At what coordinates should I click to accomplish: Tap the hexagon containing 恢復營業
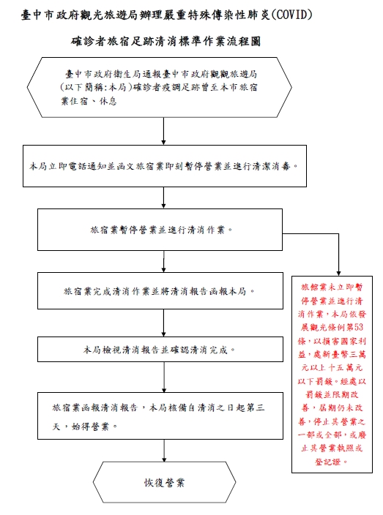point(164,482)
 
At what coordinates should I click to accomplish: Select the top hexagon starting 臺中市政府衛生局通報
point(160,87)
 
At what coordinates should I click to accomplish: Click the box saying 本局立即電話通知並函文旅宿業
point(165,166)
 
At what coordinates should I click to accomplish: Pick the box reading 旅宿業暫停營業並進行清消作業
point(160,230)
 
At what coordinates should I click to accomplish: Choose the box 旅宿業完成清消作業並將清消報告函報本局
point(160,291)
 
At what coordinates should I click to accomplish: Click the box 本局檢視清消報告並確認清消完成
point(160,350)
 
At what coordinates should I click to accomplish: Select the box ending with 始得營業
point(160,416)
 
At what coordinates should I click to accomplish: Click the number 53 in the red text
point(359,327)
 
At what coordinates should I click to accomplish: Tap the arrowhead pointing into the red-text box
point(338,274)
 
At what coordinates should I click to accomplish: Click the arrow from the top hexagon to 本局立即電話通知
point(164,131)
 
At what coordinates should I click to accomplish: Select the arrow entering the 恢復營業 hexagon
point(164,451)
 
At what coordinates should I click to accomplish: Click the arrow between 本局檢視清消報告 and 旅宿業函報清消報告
point(164,377)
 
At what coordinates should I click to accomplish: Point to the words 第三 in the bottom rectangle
point(256,407)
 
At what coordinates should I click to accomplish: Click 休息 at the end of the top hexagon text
point(108,101)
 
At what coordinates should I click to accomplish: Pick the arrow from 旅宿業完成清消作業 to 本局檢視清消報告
point(164,323)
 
